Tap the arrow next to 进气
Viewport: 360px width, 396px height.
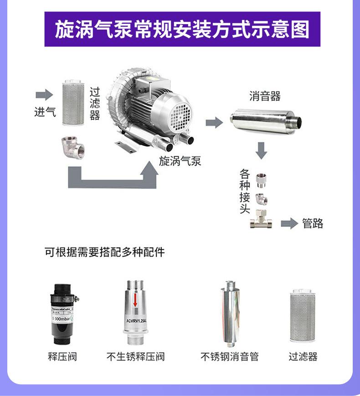[x=44, y=95]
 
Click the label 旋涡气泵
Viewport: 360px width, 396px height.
[x=180, y=161]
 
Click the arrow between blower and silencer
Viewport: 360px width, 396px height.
[x=214, y=122]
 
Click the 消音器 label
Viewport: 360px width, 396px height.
[x=265, y=96]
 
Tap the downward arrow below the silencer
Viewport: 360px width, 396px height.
[x=261, y=150]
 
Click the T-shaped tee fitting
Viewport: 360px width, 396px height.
[x=261, y=221]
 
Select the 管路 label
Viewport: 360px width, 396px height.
[x=313, y=223]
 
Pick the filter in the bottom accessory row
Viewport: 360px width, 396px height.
[x=303, y=316]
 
